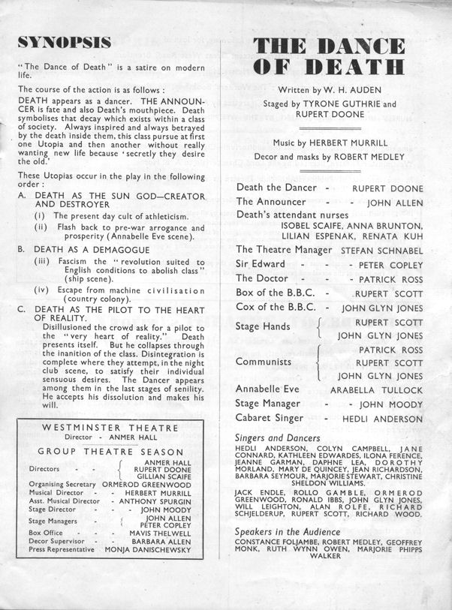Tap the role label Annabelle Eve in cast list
[267, 390]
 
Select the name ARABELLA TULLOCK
[376, 391]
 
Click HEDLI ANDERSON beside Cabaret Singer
[382, 419]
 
